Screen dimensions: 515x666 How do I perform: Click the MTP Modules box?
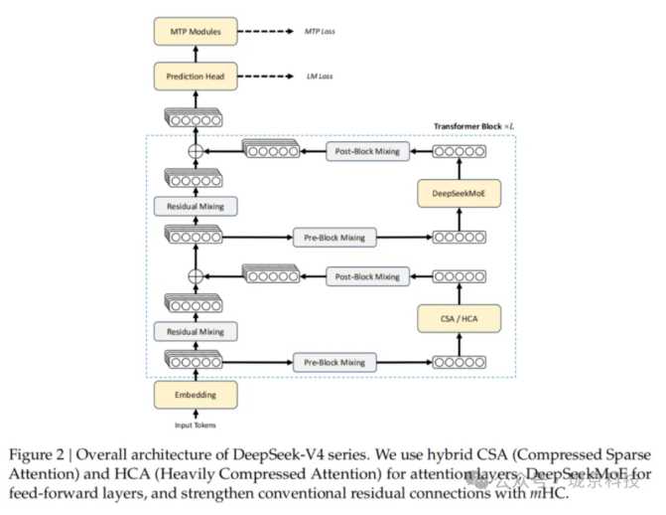click(196, 32)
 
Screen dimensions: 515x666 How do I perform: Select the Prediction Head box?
click(196, 76)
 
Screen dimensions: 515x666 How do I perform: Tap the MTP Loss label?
click(319, 32)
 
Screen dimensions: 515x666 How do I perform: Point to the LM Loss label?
click(317, 76)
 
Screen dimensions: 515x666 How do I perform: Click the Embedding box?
click(196, 395)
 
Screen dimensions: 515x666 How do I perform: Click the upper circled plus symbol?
click(196, 151)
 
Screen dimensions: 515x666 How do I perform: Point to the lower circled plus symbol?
click(196, 275)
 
